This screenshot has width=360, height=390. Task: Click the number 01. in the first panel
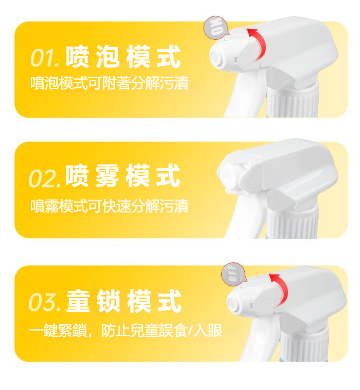[44, 58]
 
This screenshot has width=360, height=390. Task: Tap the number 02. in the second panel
[44, 178]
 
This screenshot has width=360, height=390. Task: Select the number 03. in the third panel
[45, 302]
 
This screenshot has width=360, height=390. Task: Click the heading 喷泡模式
[123, 57]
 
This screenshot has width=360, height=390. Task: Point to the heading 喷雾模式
[122, 176]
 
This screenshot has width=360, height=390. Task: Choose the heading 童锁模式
[124, 301]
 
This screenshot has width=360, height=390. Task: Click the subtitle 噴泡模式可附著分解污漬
[109, 83]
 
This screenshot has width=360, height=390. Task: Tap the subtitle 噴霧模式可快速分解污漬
[109, 206]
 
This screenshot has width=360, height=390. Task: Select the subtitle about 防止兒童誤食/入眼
[126, 331]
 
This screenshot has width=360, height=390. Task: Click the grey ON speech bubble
[216, 27]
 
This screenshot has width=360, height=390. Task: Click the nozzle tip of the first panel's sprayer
[216, 58]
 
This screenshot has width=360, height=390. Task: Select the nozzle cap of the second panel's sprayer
[231, 172]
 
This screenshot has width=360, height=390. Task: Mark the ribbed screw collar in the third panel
[304, 345]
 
